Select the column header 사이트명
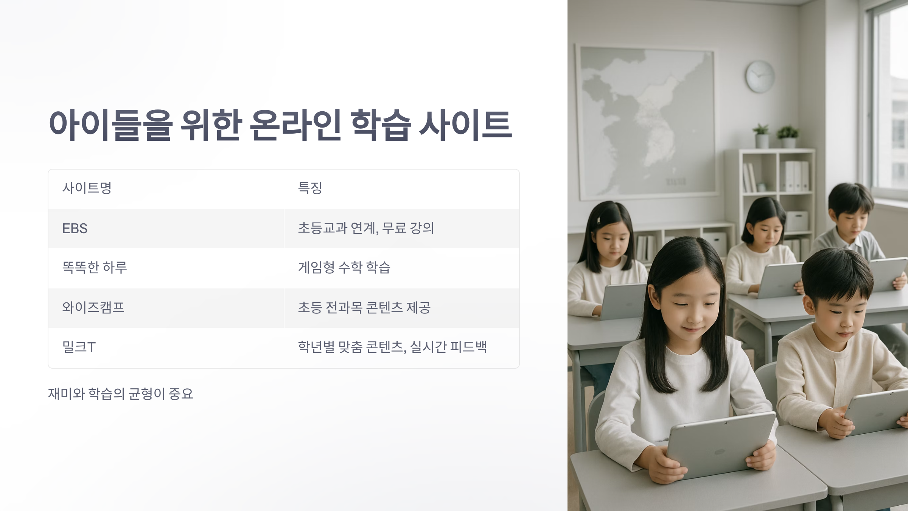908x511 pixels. (87, 188)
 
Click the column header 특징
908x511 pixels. (310, 188)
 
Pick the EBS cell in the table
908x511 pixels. (75, 229)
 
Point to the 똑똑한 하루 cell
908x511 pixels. (95, 268)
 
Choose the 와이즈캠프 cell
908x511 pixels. (93, 307)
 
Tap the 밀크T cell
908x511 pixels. (79, 347)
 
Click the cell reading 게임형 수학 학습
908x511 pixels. (344, 268)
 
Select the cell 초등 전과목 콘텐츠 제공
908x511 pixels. (364, 307)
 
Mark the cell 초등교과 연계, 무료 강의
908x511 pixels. (365, 228)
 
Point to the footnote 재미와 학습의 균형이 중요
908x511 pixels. (120, 394)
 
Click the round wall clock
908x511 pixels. (760, 76)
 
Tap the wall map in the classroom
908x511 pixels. (645, 121)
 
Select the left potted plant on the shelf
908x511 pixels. (761, 135)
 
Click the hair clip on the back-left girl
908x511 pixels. (599, 220)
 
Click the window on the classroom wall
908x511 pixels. (889, 95)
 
